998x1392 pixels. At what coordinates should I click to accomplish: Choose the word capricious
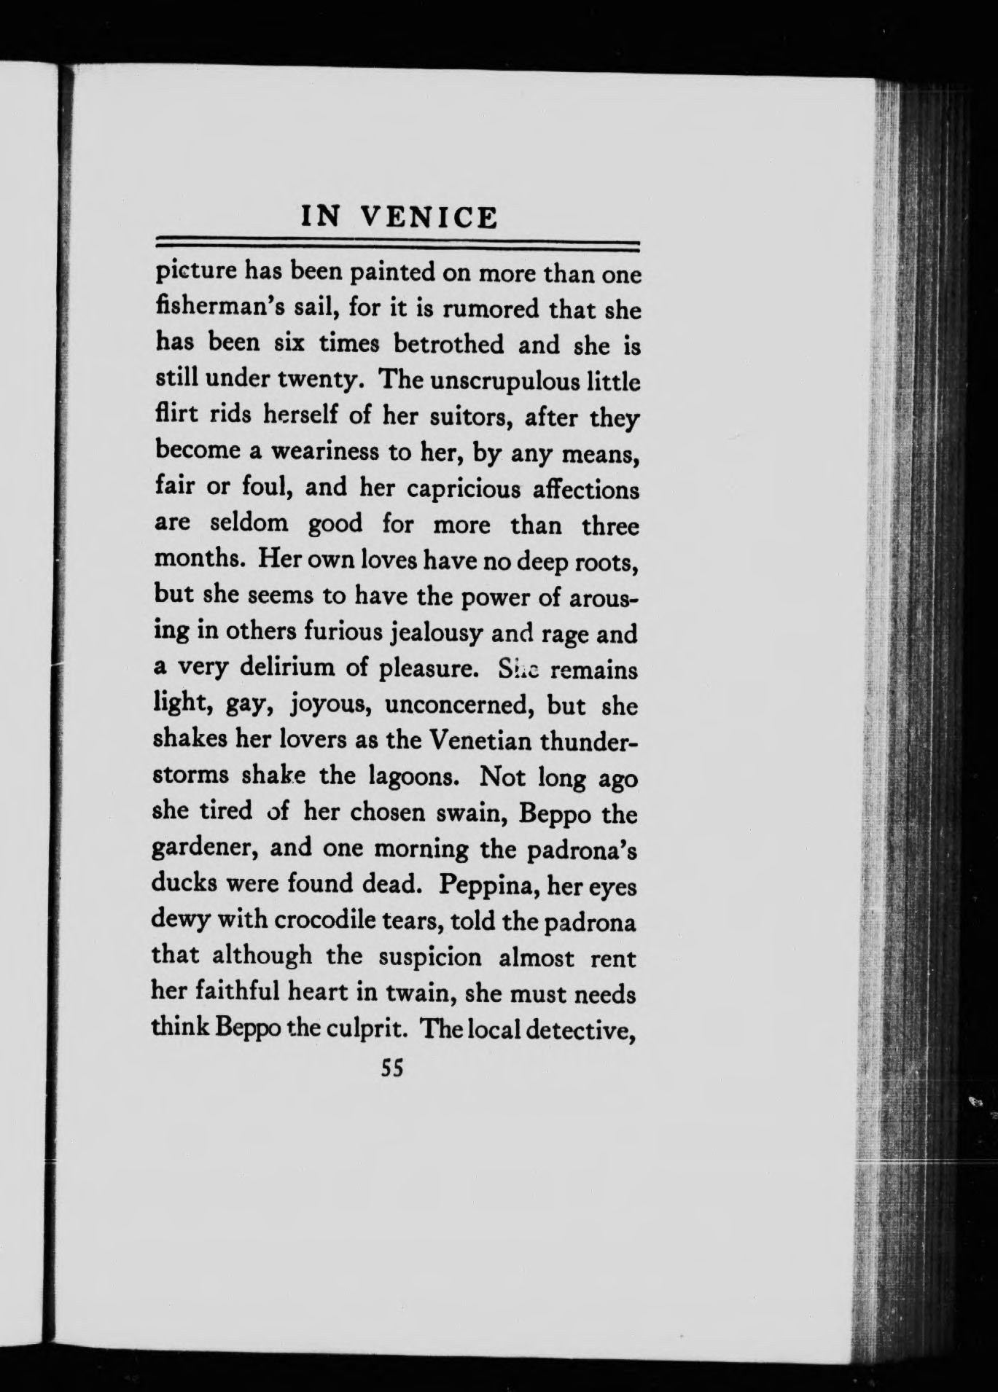pos(463,487)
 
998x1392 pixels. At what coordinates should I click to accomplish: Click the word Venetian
pos(480,740)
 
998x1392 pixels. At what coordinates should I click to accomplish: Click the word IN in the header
pos(321,217)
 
